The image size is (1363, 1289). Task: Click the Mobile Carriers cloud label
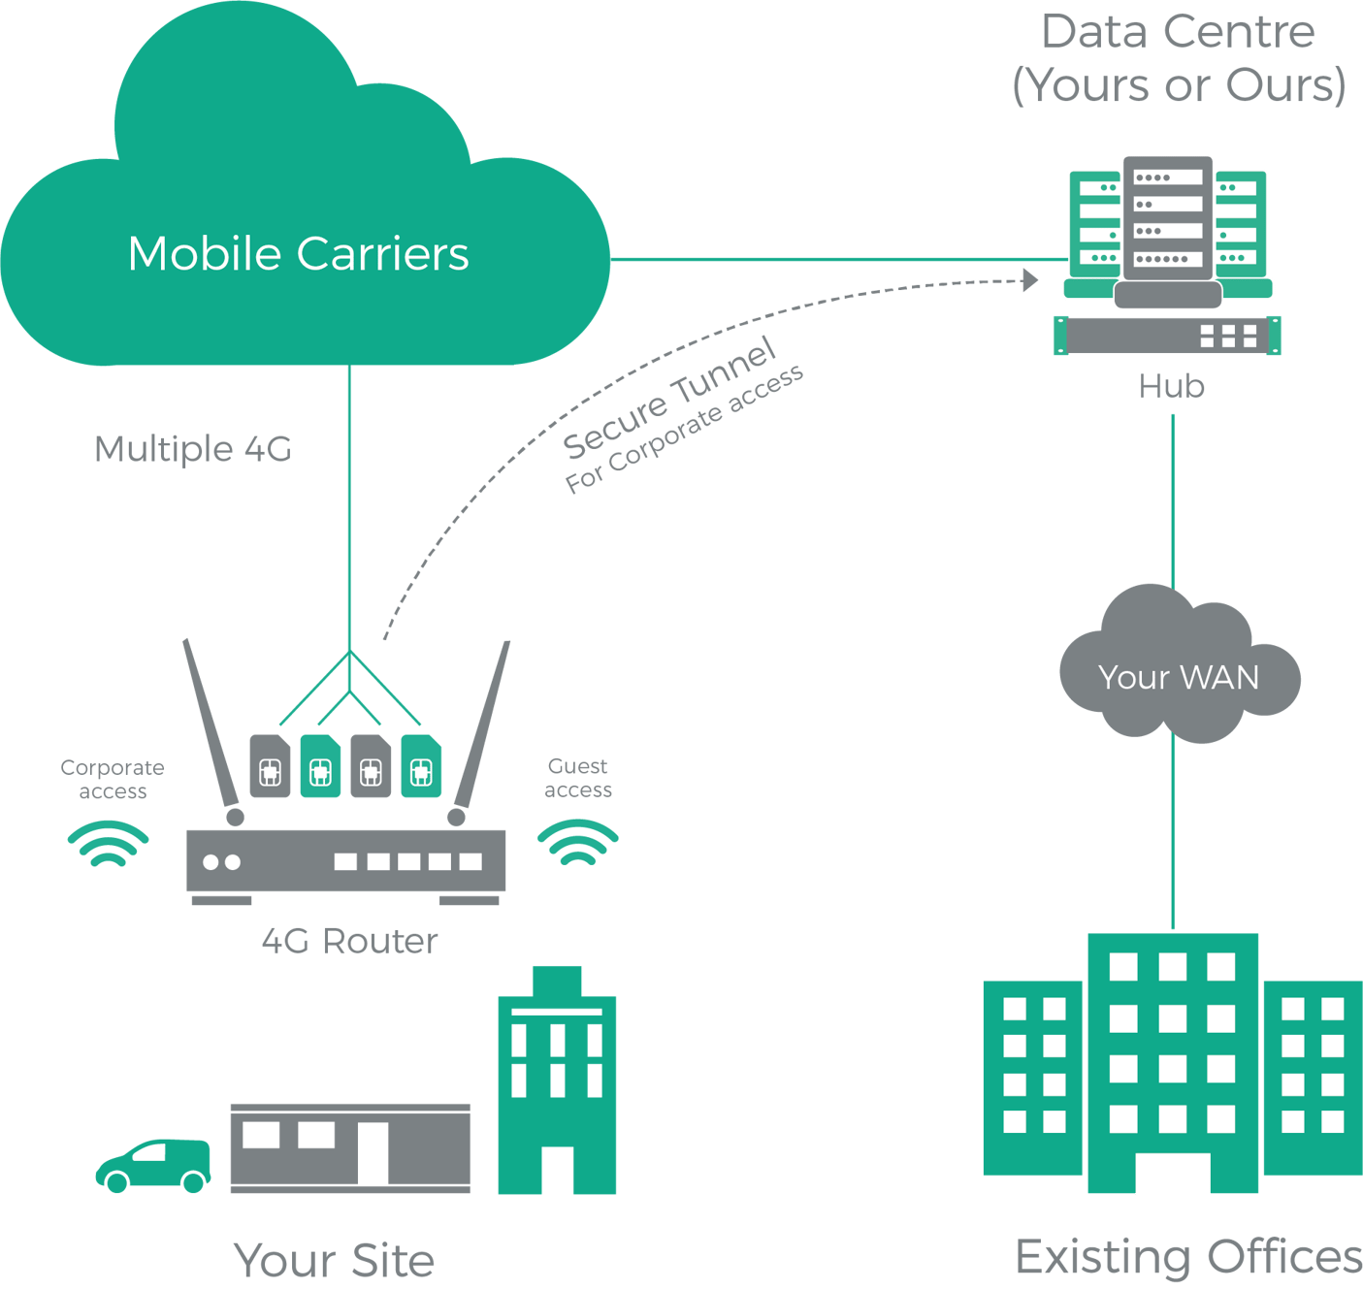(298, 254)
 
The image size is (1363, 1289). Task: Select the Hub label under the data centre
(1172, 386)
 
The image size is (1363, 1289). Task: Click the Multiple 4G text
(192, 449)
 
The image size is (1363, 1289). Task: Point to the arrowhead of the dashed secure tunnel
(1030, 280)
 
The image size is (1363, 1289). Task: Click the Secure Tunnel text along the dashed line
(669, 398)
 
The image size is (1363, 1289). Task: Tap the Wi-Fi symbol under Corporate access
(108, 844)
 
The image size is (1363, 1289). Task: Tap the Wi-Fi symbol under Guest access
(578, 843)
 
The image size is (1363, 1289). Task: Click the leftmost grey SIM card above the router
(270, 766)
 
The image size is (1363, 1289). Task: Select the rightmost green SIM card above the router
(421, 766)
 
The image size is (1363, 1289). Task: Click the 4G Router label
(349, 941)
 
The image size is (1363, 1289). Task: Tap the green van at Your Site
(153, 1165)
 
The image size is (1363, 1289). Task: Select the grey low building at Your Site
(349, 1148)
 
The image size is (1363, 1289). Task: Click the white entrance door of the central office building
(1173, 1174)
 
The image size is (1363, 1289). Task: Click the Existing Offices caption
(1187, 1257)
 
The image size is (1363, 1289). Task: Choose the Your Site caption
(334, 1260)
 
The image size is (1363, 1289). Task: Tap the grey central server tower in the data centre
(1168, 218)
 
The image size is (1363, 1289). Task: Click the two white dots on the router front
(221, 862)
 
